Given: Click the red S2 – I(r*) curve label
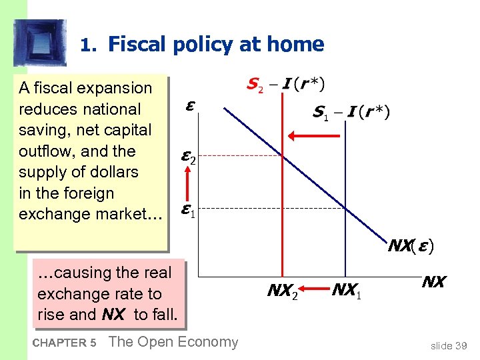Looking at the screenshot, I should [x=285, y=85].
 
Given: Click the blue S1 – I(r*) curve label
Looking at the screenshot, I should [x=351, y=112].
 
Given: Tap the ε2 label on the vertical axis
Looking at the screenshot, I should [x=187, y=157].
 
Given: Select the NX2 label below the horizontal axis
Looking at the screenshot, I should [x=283, y=290].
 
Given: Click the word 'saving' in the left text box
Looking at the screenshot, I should [x=43, y=130].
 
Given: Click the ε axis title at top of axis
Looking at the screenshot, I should [x=191, y=107].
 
